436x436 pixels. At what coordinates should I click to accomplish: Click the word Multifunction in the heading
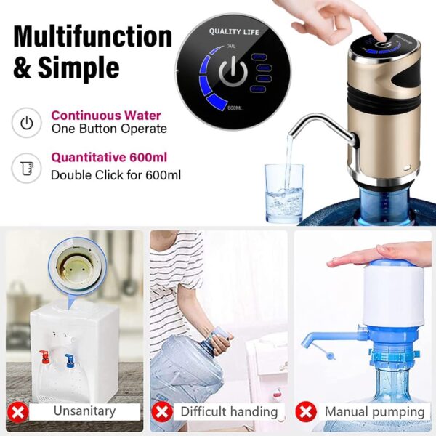(x=93, y=36)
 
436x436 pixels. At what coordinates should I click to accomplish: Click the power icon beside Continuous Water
(x=27, y=122)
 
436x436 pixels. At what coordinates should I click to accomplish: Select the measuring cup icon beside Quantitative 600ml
(x=27, y=169)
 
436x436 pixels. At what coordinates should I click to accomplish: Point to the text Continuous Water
(x=106, y=116)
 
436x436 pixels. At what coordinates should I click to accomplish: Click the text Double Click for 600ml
(x=116, y=174)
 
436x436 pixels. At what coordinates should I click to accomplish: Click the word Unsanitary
(x=84, y=411)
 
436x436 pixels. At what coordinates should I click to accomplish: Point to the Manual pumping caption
(x=374, y=411)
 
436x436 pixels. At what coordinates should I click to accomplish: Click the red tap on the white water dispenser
(x=44, y=357)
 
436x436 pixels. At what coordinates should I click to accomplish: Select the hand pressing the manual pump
(x=378, y=254)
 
